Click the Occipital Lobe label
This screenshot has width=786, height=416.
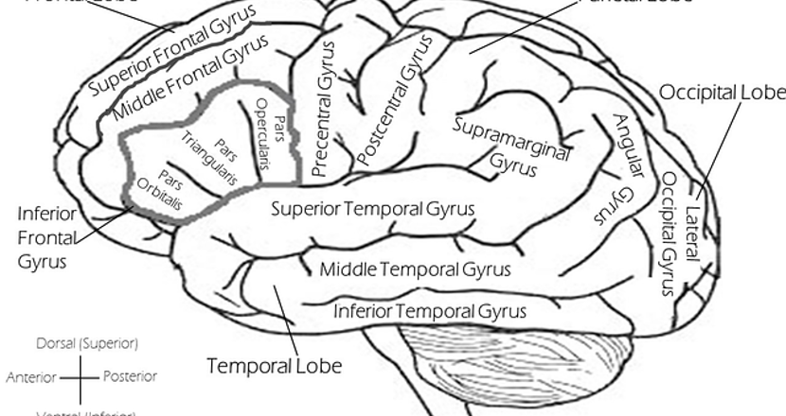[x=723, y=93]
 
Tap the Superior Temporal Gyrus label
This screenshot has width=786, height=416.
[x=371, y=208]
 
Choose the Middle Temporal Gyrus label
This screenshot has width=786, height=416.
[x=415, y=269]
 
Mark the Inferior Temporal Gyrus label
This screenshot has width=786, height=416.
[x=429, y=310]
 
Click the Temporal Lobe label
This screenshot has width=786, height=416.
[x=275, y=364]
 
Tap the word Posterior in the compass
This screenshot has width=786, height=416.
[x=130, y=376]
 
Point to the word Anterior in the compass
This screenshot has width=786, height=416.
[x=32, y=376]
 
